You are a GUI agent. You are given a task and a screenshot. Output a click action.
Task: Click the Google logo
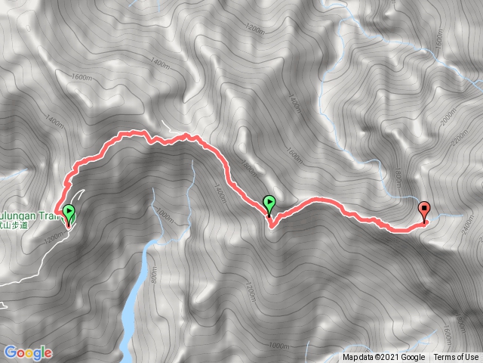[x=28, y=352]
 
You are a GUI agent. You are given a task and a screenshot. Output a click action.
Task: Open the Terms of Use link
[x=456, y=358]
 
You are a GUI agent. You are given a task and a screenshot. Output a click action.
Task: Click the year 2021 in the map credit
[x=384, y=358]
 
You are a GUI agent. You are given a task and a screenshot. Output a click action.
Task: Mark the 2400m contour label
[x=471, y=224]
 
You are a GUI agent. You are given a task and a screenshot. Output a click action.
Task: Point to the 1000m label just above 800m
[x=163, y=216]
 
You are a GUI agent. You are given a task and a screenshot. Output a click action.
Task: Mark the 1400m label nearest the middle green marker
[x=220, y=195]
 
